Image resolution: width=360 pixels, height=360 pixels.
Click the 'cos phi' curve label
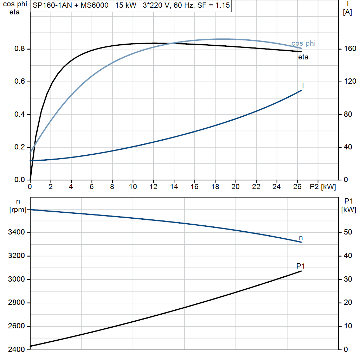[303, 43]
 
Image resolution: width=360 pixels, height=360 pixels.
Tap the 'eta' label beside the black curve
[303, 57]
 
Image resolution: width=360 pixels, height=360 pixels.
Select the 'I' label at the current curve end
[303, 85]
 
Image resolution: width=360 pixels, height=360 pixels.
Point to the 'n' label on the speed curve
[301, 238]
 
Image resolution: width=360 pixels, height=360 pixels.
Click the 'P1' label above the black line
[301, 266]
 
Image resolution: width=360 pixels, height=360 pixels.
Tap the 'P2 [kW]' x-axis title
[323, 187]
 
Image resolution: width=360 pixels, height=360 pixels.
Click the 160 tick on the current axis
[350, 49]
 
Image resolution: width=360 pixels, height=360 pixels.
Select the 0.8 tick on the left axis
[20, 49]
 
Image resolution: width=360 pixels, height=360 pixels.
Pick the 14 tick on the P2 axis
[174, 187]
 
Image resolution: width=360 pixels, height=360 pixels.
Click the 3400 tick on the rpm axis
[16, 232]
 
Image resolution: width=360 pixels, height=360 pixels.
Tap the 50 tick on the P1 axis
[348, 232]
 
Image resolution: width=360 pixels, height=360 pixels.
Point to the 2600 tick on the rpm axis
[16, 326]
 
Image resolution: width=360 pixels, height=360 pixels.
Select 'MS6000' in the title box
[94, 5]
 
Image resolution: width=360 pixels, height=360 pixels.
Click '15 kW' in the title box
[126, 5]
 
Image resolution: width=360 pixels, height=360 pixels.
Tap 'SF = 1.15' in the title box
[213, 5]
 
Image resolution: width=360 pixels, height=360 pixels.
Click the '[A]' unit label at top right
[347, 12]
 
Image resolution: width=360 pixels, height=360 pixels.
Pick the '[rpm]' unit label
[18, 210]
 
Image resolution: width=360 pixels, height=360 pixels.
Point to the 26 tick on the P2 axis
[297, 187]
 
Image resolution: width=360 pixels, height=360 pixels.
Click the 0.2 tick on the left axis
[20, 147]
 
